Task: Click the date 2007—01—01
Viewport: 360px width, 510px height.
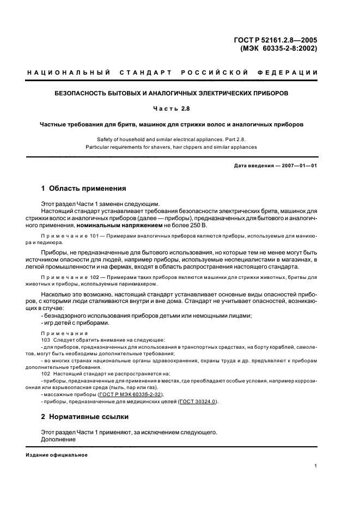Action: tap(298, 166)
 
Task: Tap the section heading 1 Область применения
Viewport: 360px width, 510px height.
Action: tap(84, 189)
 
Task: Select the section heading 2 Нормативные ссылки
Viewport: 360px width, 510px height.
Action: tap(85, 417)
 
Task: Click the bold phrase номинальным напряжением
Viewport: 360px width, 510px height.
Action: tap(113, 226)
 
